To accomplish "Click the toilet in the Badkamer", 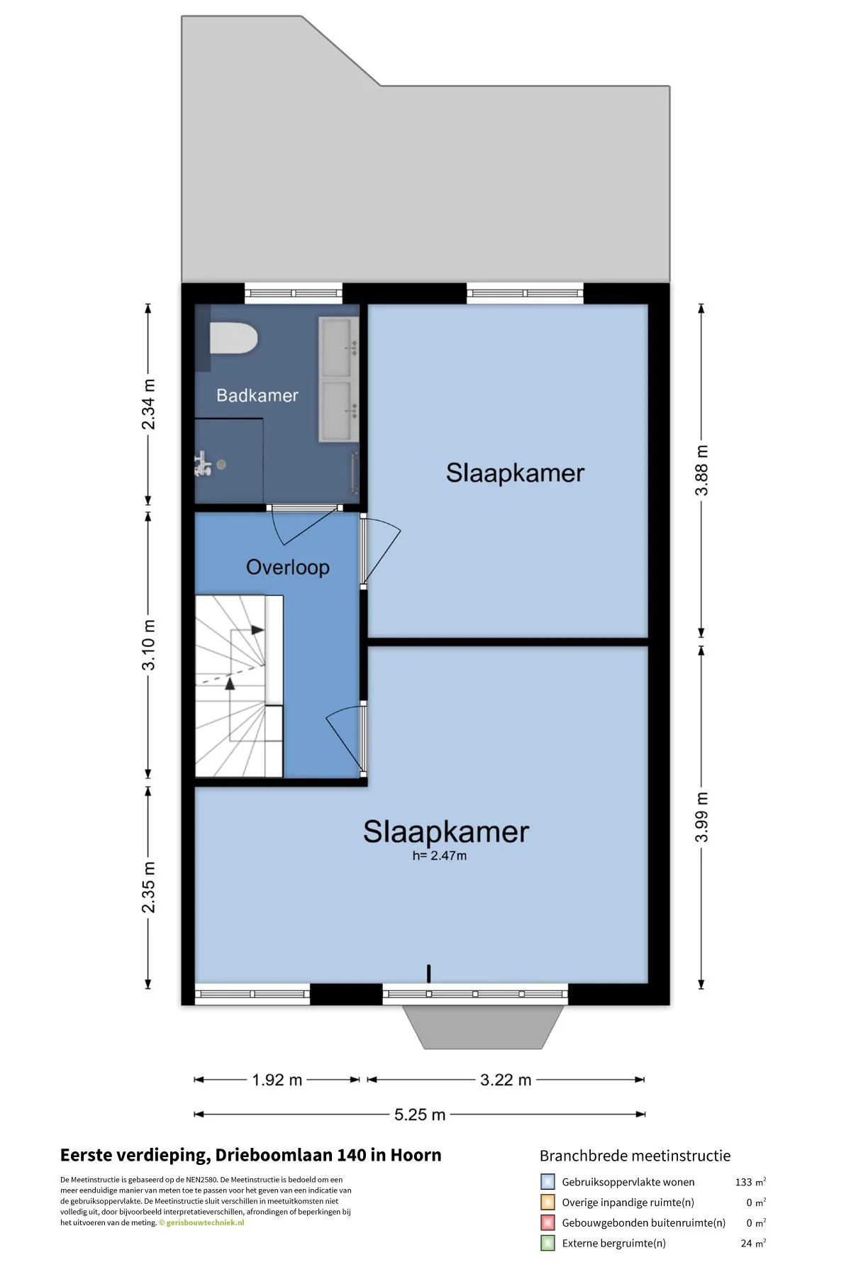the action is (233, 338).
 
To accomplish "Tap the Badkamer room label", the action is (257, 395).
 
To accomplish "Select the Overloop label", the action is (288, 568).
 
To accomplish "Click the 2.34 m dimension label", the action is (148, 404).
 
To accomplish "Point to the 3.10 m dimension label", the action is (148, 645).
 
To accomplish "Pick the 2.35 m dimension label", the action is (148, 888).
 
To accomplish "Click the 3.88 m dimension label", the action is (701, 470).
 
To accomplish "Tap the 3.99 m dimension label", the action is (701, 817).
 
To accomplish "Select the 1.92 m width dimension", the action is (277, 1080).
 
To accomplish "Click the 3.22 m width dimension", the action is (506, 1080).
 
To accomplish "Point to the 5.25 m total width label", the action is (420, 1115).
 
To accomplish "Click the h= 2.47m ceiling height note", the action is (440, 856).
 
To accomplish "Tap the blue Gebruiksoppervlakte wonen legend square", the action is (547, 1182).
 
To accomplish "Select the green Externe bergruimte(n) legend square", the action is (547, 1243).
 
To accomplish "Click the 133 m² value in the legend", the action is (750, 1182).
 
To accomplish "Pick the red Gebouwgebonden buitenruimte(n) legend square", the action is (547, 1222).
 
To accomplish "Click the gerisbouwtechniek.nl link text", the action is (206, 1222).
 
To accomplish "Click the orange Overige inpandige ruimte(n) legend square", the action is (547, 1203).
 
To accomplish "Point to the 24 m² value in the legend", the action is (753, 1243).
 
